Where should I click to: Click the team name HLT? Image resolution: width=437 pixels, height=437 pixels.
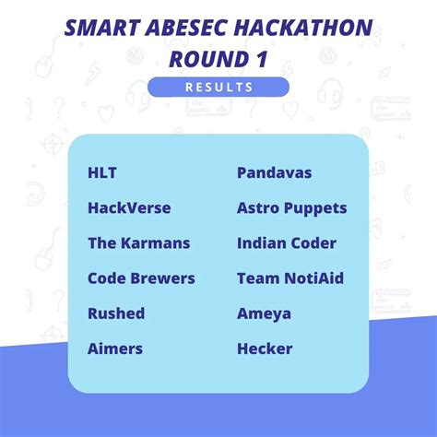(102, 173)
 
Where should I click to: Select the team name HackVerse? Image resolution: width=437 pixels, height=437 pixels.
(129, 208)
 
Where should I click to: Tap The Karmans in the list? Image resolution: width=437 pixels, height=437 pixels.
(138, 243)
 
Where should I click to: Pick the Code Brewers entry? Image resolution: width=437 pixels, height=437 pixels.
(141, 278)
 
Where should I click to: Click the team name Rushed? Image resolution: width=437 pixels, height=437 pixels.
(116, 313)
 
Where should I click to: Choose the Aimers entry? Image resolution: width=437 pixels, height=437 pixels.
(114, 348)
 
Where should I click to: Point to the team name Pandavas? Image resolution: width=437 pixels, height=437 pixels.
(274, 173)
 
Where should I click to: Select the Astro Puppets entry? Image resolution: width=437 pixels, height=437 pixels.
(291, 208)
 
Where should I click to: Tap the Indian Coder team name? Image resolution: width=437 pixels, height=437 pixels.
(286, 243)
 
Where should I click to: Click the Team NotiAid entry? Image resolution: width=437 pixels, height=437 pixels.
(289, 278)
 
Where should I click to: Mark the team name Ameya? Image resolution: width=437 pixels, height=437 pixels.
(264, 313)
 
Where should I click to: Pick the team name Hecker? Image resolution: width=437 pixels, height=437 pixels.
(265, 348)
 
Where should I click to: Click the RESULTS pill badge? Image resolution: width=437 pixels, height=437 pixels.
(218, 87)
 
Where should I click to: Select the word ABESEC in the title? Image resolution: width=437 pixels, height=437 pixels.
(183, 28)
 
